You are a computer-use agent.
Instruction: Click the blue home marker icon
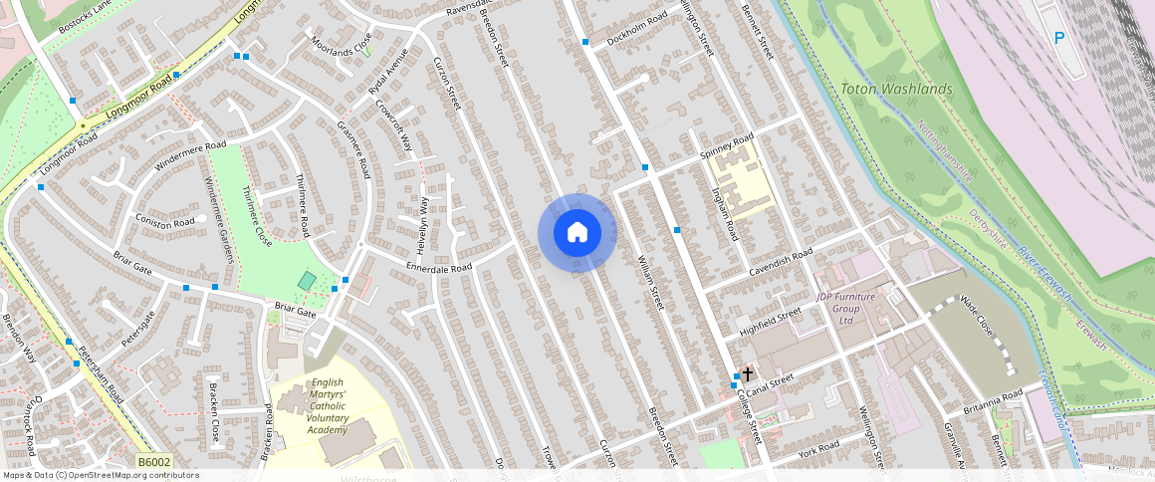coord(577,233)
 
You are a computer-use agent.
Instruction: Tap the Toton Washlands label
coord(896,89)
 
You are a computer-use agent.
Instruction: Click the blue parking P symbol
coord(1058,38)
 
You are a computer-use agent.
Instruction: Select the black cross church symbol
coord(748,373)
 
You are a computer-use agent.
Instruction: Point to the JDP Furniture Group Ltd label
coord(845,308)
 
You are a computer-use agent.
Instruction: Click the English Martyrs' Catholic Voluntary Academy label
coord(328,405)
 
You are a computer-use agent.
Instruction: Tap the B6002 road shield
coord(154,462)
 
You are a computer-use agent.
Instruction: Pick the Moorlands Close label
coord(341,45)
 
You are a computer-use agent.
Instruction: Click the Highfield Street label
coord(770,321)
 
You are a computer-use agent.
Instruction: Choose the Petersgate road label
coord(138,328)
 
